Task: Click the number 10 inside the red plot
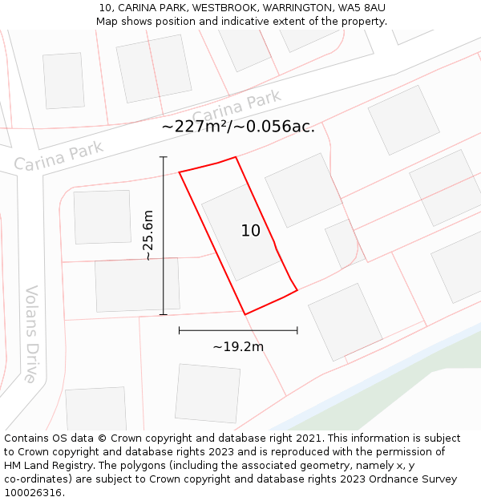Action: click(251, 231)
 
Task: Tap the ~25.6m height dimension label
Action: click(148, 235)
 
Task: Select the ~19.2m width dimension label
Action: click(238, 347)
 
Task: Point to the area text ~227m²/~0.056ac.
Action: click(238, 127)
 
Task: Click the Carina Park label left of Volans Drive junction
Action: click(59, 156)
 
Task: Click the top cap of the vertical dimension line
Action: click(164, 157)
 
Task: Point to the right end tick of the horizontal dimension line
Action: click(297, 329)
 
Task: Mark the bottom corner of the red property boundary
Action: click(245, 314)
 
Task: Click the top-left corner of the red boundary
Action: click(179, 172)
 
